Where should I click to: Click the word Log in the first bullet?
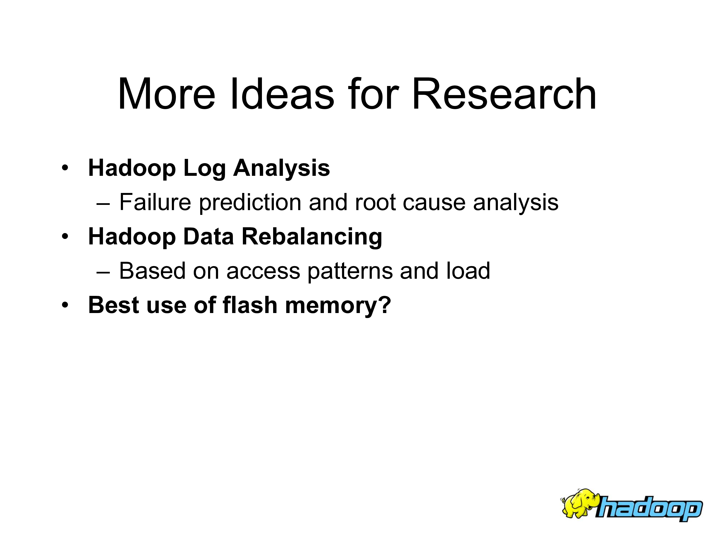(204, 168)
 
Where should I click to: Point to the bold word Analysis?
(281, 168)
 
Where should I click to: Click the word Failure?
(155, 202)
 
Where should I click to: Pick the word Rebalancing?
(312, 237)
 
